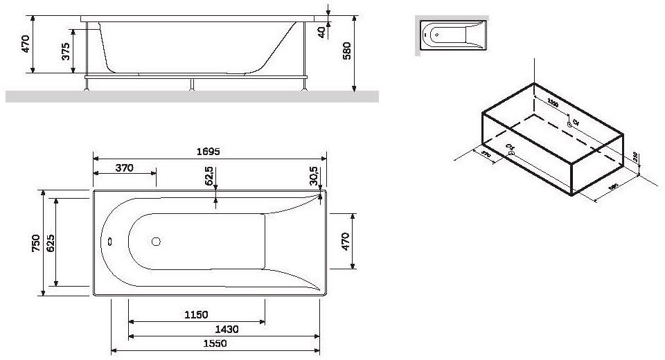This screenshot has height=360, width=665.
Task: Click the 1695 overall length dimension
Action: pos(208,152)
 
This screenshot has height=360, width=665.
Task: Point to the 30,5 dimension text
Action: pos(314,176)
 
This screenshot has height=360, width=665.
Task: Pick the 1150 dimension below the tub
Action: pos(196,315)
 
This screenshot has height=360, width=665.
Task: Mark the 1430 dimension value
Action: pos(223,330)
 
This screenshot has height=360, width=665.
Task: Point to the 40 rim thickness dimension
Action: pos(322,33)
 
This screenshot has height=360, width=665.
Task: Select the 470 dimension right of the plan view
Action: pos(346,242)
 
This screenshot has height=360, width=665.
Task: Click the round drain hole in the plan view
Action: pos(156,242)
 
